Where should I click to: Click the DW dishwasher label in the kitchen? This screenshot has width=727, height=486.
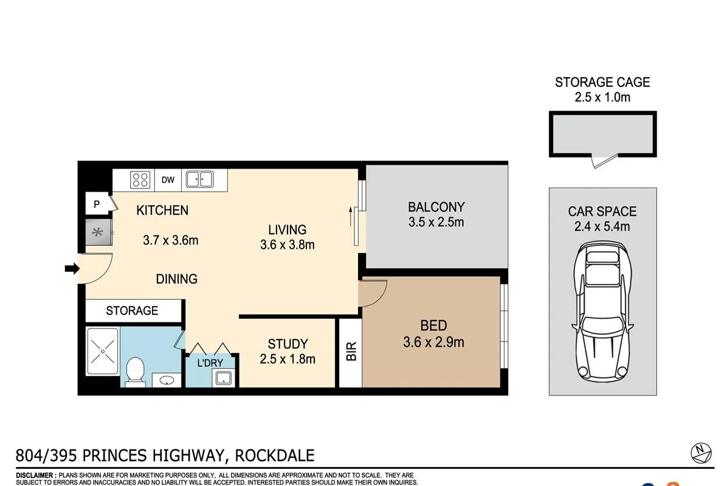point(168,179)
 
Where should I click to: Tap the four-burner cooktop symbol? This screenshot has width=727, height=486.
point(140,179)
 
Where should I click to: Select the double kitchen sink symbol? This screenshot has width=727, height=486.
point(200,179)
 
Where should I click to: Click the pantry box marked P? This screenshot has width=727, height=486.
point(97,204)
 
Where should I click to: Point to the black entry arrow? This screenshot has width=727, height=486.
point(72,268)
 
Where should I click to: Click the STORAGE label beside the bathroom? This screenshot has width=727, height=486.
point(132,311)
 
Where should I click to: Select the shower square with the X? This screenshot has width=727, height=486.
point(103,350)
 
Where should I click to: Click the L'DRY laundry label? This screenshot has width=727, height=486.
point(210,363)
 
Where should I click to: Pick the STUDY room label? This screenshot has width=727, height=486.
point(288,344)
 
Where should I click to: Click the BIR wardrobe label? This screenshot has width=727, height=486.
point(351,352)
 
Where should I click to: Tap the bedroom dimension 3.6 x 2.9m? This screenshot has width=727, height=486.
point(433,342)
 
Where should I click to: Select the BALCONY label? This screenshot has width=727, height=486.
point(436,207)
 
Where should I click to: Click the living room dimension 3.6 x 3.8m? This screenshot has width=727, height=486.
point(288,245)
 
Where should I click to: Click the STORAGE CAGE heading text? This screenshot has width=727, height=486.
point(602,82)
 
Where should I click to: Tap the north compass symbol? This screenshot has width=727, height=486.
point(701,453)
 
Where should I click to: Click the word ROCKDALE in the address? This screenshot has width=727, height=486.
point(275,456)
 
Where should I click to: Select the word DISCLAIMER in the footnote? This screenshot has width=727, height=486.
point(36,475)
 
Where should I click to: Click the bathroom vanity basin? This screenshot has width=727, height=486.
point(167,381)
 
